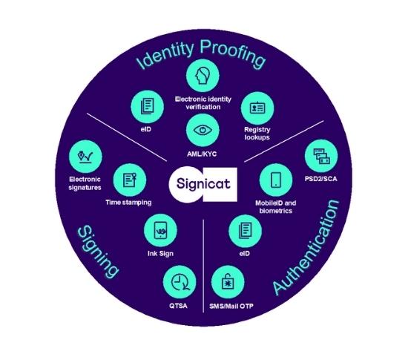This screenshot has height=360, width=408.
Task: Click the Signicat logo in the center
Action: coord(203,184)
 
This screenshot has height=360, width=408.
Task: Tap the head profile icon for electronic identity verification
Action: coord(203,76)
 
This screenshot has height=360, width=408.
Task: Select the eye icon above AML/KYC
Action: coord(203,130)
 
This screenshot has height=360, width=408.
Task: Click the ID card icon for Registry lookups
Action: coord(257,108)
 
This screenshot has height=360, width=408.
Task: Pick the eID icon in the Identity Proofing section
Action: coord(148,106)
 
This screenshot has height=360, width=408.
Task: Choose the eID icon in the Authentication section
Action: coord(245,231)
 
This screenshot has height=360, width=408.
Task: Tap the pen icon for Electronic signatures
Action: coord(85,156)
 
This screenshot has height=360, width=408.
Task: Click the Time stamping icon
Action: coord(130,180)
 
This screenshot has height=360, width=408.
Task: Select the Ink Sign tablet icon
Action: coord(160,230)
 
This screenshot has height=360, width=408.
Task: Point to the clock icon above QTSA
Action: coord(180,282)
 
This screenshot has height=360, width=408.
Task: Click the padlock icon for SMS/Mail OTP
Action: coord(228,282)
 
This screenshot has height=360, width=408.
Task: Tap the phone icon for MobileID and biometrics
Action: coord(276,180)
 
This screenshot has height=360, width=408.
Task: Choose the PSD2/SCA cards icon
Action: coord(321,156)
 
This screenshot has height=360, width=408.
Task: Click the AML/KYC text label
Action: coord(202,154)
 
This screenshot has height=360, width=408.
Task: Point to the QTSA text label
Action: coord(178,306)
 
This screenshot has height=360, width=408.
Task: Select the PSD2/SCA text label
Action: coord(320,179)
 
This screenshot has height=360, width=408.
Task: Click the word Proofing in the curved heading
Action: coord(232,53)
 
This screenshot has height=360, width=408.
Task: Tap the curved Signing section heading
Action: coord(98,252)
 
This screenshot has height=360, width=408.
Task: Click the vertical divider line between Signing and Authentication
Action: coord(203,266)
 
